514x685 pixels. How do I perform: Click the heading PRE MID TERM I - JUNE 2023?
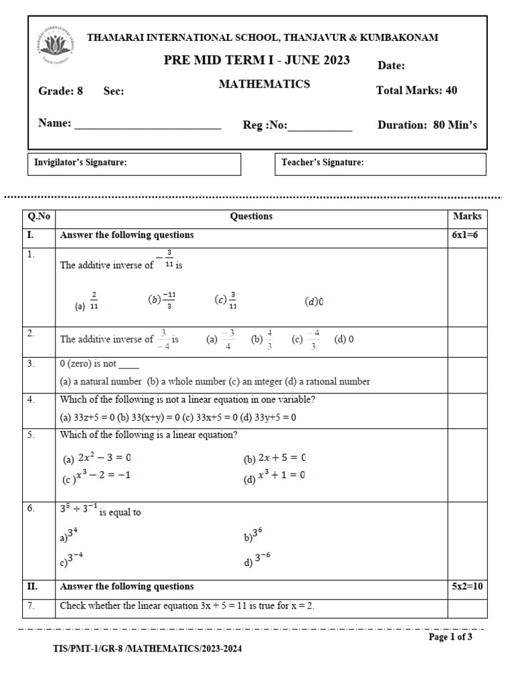[x=257, y=61]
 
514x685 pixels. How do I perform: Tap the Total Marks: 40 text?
[x=416, y=91]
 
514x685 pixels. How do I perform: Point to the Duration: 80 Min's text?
[x=427, y=125]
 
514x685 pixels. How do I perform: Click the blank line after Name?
[x=147, y=124]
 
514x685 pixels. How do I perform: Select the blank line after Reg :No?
[x=319, y=126]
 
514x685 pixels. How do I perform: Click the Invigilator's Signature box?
[x=134, y=163]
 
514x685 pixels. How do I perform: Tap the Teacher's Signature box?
[x=380, y=163]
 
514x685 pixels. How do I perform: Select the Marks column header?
[x=466, y=217]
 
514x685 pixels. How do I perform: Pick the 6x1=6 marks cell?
[x=466, y=235]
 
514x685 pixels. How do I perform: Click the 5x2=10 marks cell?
[x=466, y=587]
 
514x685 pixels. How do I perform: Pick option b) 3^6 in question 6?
[x=254, y=535]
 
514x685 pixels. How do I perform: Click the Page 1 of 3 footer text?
[x=450, y=637]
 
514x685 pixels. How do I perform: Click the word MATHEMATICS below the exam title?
[x=264, y=84]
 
